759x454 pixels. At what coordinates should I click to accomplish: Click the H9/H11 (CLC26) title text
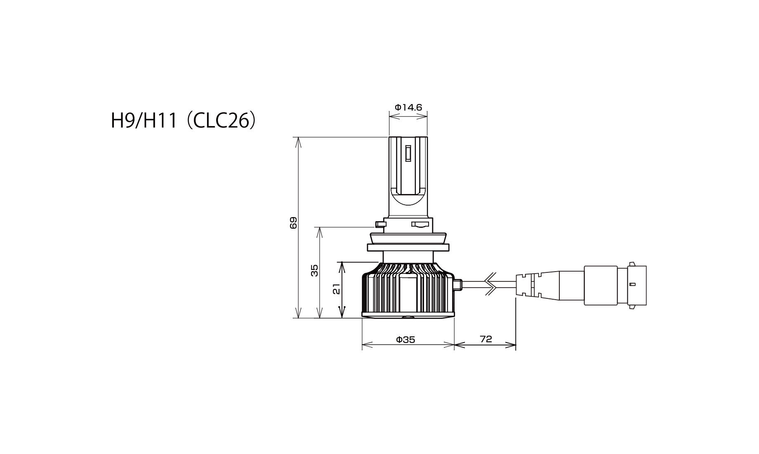tap(184, 121)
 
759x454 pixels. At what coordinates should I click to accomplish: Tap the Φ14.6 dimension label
tap(408, 107)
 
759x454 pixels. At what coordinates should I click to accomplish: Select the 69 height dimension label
tap(293, 223)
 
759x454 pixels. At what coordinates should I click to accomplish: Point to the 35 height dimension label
tap(315, 270)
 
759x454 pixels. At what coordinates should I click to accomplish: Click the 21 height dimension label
tap(337, 289)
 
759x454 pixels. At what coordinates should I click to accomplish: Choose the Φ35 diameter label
tap(405, 340)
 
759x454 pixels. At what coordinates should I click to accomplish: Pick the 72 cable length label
tap(486, 339)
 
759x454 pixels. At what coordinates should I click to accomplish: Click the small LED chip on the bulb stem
tap(408, 153)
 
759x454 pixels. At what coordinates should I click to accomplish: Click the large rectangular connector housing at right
tap(601, 285)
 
